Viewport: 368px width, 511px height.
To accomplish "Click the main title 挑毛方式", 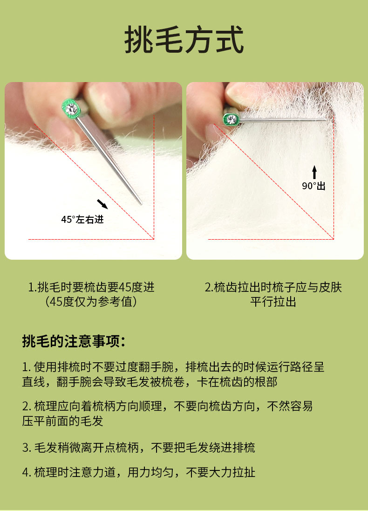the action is tap(184, 40).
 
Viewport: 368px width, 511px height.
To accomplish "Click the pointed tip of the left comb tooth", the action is tap(141, 204).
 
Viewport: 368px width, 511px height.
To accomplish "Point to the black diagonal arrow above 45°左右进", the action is tap(102, 204).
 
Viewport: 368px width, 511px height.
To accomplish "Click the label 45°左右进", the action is tap(82, 219).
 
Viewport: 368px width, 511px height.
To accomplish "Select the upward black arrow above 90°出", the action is tap(314, 172).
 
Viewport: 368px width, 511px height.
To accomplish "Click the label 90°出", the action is tap(313, 186).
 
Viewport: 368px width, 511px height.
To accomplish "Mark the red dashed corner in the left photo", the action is tap(154, 239).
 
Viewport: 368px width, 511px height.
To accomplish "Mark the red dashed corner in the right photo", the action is tap(334, 239).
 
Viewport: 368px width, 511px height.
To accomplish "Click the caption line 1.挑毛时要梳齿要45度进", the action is tap(91, 287).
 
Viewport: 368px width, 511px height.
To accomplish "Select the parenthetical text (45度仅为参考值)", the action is tap(91, 302).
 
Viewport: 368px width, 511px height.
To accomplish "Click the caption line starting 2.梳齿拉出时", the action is tap(273, 287).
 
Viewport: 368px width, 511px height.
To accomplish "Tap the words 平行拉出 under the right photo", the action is tap(273, 302).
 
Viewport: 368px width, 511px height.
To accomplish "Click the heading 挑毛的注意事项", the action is tap(74, 342).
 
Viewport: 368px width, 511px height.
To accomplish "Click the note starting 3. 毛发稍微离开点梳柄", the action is tap(139, 448).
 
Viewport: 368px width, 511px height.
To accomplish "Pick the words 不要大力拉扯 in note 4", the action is tap(221, 472).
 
